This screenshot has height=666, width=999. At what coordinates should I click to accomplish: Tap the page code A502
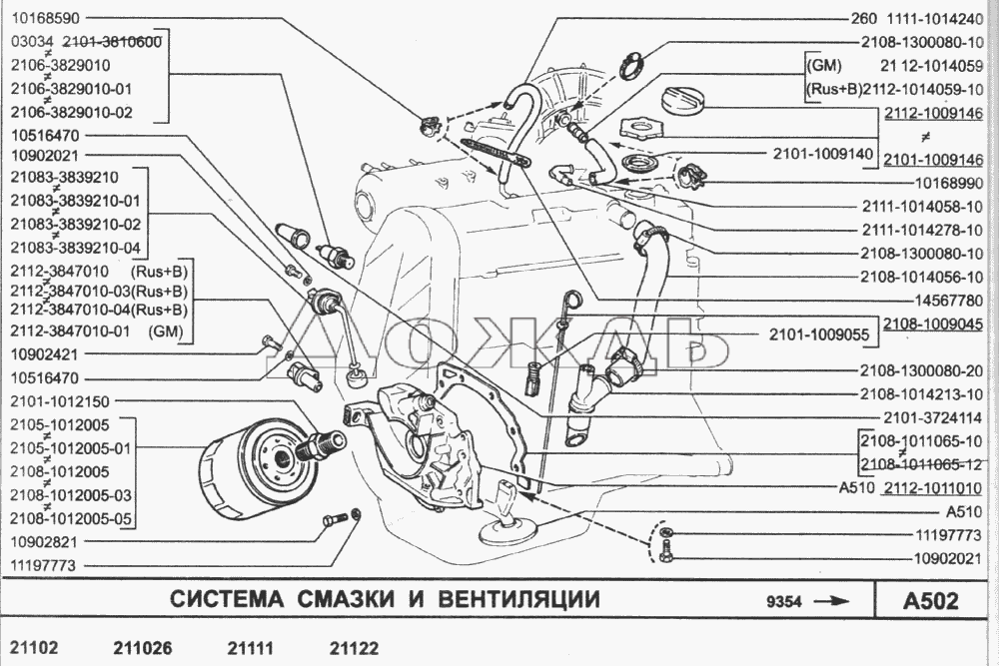(x=931, y=600)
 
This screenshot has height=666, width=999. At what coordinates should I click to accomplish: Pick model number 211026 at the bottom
(x=143, y=648)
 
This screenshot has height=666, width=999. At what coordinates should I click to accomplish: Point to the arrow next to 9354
(x=832, y=600)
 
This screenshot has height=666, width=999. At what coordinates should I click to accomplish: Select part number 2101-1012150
(x=60, y=401)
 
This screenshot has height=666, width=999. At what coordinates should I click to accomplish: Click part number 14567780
(x=949, y=300)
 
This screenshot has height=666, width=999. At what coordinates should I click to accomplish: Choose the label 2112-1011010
(x=933, y=488)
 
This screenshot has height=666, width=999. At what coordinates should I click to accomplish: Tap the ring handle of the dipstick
(x=572, y=298)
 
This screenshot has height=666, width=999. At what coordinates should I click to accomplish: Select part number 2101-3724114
(x=933, y=417)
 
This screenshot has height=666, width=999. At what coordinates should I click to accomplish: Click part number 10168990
(x=949, y=184)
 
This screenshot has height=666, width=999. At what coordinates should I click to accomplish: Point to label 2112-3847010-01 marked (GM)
(x=97, y=332)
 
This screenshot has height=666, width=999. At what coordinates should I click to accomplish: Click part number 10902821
(x=44, y=542)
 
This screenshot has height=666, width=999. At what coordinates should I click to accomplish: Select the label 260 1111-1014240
(x=917, y=18)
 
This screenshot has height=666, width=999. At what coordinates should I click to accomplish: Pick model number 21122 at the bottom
(x=354, y=648)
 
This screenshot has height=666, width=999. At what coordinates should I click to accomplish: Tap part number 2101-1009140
(x=823, y=154)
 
